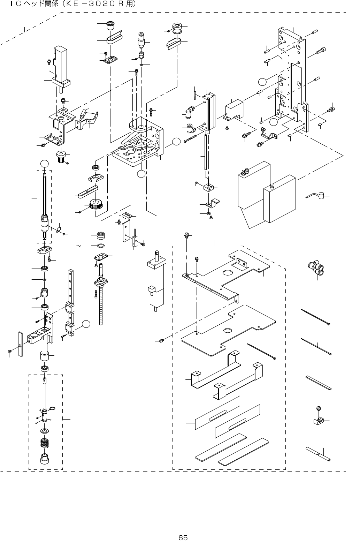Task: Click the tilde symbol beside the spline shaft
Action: point(78,246)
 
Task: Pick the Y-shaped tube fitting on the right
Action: point(316,268)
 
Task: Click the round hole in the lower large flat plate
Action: point(228,330)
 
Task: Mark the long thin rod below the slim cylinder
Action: point(205,152)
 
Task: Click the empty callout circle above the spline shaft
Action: point(44,164)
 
